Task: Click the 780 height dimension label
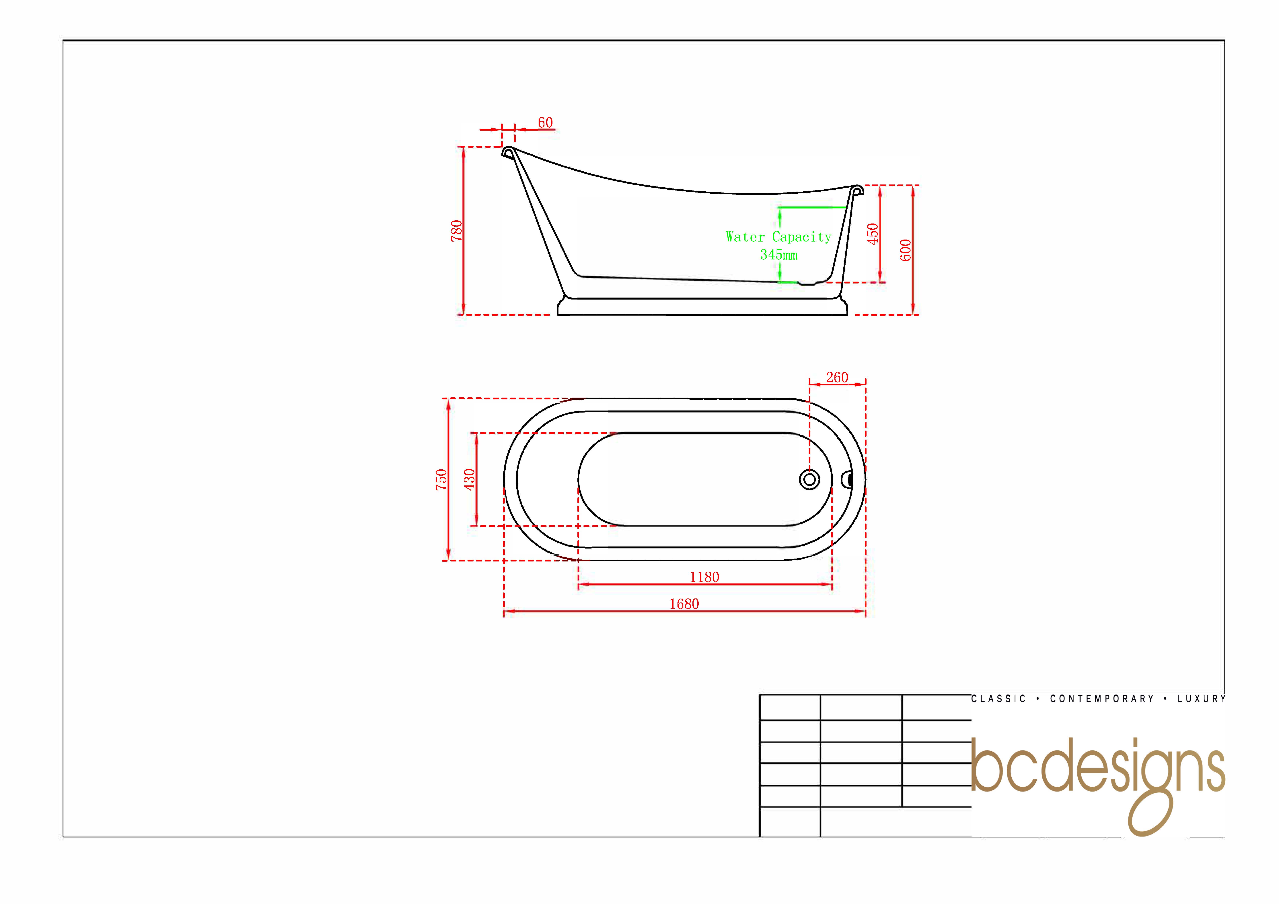coord(456,231)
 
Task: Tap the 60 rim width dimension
coord(545,123)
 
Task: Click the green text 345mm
coord(779,255)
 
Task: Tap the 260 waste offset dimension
coord(837,378)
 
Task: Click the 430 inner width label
coord(470,480)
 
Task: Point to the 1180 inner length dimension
coord(704,577)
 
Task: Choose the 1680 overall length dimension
coord(684,604)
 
